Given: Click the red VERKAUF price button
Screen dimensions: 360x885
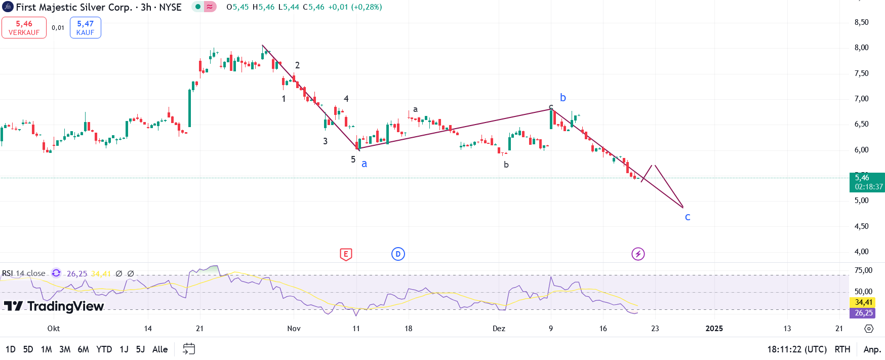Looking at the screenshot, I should (x=24, y=28).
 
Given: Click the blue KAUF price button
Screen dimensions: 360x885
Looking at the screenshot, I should (x=85, y=28).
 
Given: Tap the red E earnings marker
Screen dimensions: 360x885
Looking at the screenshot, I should (x=346, y=254).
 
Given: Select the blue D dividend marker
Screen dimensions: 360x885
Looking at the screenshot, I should (x=398, y=254).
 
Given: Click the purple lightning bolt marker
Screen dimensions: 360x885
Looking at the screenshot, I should (x=638, y=254).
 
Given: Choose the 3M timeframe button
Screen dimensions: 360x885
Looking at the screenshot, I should (x=65, y=349).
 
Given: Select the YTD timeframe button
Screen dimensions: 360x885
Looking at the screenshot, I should (x=104, y=349).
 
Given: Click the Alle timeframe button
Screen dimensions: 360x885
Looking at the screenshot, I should (x=160, y=349).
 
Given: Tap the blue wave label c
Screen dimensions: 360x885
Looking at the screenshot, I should (x=688, y=217).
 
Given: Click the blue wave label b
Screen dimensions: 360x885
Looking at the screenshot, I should (x=563, y=98).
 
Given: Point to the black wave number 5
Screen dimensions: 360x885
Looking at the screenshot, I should (x=353, y=159).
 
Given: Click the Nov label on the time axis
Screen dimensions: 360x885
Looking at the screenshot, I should (x=294, y=329).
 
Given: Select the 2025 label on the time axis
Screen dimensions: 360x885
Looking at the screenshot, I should (x=714, y=329).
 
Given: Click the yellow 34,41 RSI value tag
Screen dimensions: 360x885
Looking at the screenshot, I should (x=864, y=302).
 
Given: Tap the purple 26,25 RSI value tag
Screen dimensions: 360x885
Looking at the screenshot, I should (x=864, y=313).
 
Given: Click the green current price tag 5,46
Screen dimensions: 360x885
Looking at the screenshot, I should (x=866, y=182).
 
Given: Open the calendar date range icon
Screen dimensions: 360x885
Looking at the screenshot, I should (x=189, y=349).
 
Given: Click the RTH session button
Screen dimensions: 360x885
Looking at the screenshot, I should (x=842, y=349).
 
